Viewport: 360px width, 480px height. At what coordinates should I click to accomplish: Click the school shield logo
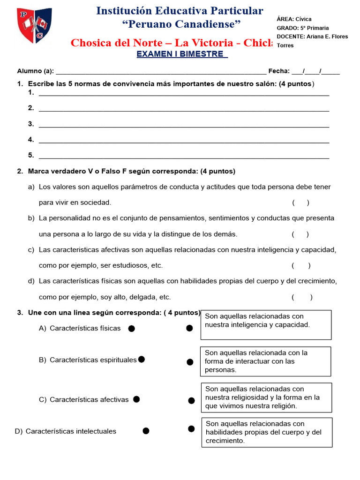tap(34, 25)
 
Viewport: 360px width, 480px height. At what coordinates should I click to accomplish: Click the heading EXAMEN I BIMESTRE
tap(182, 54)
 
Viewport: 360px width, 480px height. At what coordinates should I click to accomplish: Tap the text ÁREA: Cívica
tap(294, 19)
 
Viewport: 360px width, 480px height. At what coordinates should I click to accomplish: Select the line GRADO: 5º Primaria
tap(302, 28)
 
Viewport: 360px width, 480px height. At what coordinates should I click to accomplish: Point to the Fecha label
tap(279, 71)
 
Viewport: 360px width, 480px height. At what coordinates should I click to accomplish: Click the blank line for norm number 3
tap(184, 124)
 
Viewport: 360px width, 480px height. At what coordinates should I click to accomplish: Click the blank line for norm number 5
tap(184, 156)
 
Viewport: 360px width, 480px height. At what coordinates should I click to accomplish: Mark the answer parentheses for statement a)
tap(300, 203)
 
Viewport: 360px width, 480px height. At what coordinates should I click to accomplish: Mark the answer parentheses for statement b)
tap(300, 234)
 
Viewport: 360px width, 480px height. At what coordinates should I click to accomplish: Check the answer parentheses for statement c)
tap(301, 266)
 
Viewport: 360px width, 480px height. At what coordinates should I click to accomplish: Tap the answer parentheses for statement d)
tap(302, 297)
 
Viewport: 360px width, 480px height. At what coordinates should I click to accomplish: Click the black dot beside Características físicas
tap(132, 329)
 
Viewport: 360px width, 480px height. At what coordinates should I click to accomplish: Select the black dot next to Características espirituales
tap(142, 360)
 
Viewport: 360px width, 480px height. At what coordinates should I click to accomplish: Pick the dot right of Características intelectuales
tap(146, 431)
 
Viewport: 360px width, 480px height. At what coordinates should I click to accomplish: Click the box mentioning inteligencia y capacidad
tap(266, 324)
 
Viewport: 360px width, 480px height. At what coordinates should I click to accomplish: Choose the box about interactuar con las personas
tap(266, 361)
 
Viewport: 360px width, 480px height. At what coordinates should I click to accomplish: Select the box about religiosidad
tap(266, 397)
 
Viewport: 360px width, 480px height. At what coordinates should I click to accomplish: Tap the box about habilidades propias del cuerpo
tap(267, 432)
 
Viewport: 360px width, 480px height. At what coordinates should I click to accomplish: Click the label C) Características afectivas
tap(84, 400)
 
